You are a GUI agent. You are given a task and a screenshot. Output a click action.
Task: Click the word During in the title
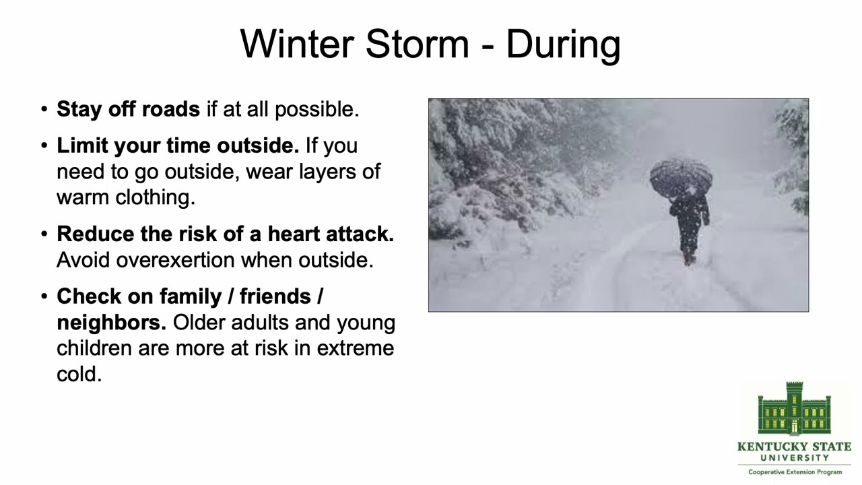click(x=562, y=44)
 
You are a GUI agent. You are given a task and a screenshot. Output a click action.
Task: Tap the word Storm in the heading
click(x=417, y=44)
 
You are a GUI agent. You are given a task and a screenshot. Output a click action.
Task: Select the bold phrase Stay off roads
click(x=128, y=109)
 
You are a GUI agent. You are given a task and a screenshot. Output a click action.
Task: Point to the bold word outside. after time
click(x=257, y=145)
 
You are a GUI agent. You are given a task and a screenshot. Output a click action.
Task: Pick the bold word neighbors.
click(x=110, y=322)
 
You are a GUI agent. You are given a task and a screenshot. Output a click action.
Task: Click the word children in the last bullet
click(x=94, y=348)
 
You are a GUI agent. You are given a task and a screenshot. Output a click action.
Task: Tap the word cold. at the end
click(x=79, y=373)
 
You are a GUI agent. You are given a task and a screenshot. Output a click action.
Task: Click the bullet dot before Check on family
click(x=44, y=297)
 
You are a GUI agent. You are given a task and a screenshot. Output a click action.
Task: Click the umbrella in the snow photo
click(x=681, y=176)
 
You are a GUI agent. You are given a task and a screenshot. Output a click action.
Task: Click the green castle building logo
click(x=794, y=409)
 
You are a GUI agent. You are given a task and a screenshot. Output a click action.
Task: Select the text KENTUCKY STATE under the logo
click(x=794, y=447)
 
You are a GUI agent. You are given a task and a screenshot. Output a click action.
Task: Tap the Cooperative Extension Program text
click(x=795, y=472)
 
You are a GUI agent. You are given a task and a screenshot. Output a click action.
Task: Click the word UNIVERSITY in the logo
click(x=795, y=458)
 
